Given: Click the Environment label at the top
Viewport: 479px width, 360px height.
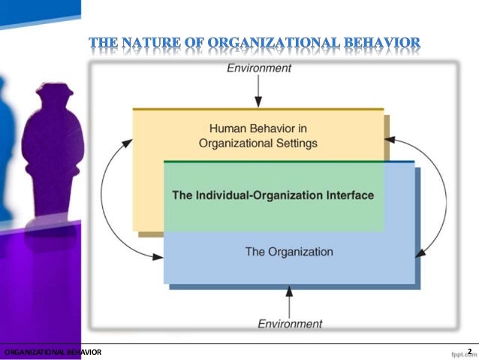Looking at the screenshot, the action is click(258, 68).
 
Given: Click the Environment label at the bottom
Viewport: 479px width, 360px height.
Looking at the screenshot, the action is click(290, 323).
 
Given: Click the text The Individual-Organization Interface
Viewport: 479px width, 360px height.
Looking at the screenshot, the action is click(273, 195).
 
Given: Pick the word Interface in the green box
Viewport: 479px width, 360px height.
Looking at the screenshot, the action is click(351, 195).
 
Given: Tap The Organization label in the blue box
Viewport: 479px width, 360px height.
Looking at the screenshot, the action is click(289, 251).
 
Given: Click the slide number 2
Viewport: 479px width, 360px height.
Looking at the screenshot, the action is click(469, 351).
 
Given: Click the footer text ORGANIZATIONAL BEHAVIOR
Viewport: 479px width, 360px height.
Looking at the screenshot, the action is click(53, 352).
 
